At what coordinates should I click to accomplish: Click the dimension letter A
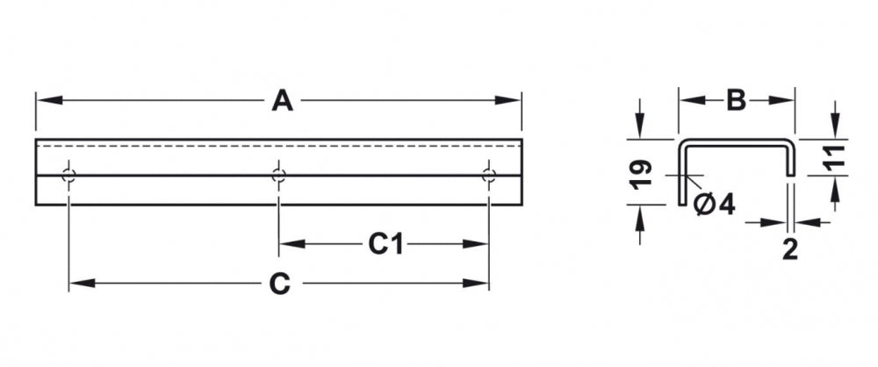pos(282,101)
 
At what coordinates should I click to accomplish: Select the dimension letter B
pos(737,101)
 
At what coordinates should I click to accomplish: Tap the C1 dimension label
pos(385,244)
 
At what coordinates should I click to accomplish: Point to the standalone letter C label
pos(279,284)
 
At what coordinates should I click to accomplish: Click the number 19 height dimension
pos(641,174)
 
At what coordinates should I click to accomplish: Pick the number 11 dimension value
pos(833,157)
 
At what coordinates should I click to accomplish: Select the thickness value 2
pos(789,249)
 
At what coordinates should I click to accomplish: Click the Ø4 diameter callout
pos(714,205)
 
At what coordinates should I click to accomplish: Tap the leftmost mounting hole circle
pos(68,176)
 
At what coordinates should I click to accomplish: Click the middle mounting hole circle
pos(279,176)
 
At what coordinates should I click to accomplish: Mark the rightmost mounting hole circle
pos(489,176)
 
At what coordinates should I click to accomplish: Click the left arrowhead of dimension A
pos(48,100)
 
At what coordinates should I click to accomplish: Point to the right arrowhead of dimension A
pos(508,100)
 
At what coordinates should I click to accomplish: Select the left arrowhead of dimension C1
pos(292,244)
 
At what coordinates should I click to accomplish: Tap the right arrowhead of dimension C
pos(476,284)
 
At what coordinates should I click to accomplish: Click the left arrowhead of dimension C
pos(82,284)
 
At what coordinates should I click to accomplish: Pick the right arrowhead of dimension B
pos(781,100)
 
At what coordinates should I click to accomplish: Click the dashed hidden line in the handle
pos(278,146)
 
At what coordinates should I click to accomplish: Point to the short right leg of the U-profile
pos(790,161)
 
